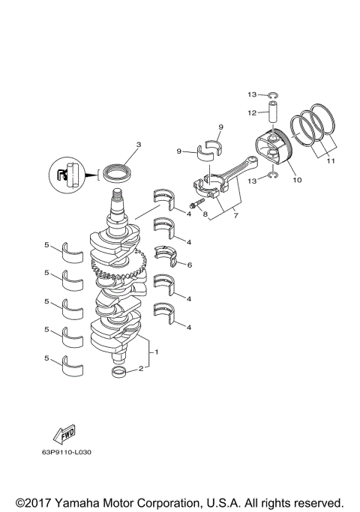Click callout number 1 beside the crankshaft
coord(156,352)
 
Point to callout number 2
coord(139,369)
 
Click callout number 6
coord(189,265)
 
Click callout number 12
coord(253,112)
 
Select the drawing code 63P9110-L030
coord(72,452)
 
